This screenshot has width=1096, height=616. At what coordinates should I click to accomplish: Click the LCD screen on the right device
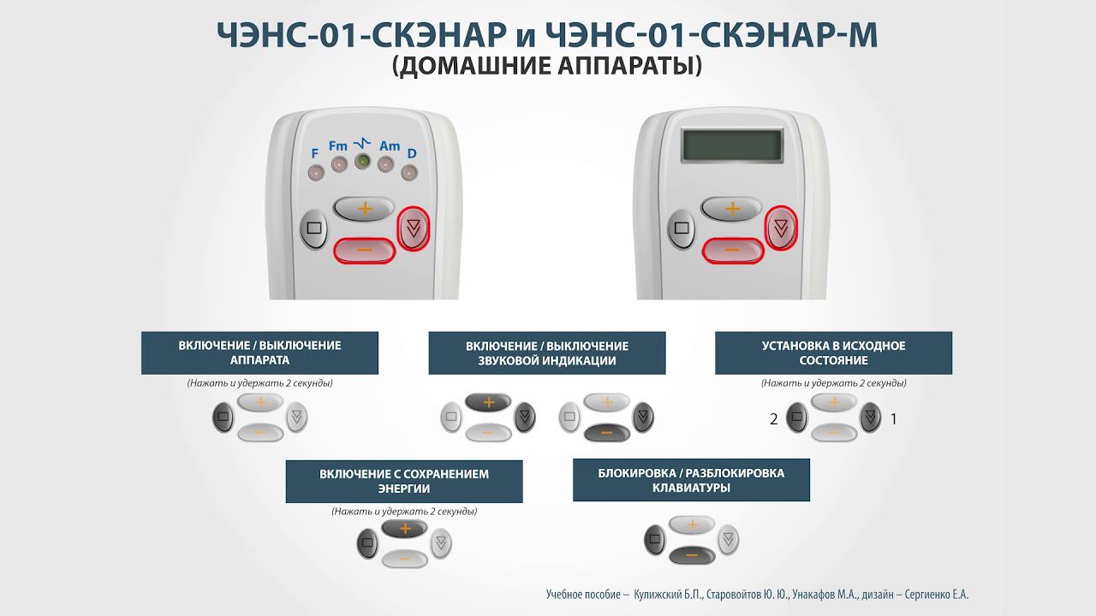pos(731,145)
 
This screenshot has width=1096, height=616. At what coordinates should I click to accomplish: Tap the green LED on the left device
pos(362,162)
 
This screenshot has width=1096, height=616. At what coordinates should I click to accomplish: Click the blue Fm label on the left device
pos(337,146)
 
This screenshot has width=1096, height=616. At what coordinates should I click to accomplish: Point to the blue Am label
pos(390,146)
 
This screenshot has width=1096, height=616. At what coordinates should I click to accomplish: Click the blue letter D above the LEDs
pos(412,154)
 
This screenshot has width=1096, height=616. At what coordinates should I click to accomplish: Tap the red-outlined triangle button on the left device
pos(414,228)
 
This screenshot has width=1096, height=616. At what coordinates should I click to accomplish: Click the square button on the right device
pos(682,229)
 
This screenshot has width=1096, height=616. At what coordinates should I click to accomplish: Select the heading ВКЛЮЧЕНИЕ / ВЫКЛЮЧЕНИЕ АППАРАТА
pos(259,352)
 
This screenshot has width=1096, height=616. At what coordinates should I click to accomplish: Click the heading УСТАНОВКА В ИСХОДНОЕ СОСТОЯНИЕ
pos(833,352)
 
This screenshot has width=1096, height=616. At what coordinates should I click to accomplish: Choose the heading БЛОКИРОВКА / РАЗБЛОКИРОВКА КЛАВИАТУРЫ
pos(691,480)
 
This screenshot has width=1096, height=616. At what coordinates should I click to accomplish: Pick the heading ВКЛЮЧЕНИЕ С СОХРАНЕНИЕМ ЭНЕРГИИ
pos(403,481)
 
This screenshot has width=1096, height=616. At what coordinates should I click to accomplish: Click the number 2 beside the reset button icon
pos(774,419)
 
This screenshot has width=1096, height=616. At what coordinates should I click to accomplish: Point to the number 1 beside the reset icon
pos(894,419)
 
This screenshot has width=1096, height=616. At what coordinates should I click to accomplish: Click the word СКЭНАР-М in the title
pos(793,35)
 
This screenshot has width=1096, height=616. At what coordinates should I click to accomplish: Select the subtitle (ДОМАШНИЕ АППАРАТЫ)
pos(547,67)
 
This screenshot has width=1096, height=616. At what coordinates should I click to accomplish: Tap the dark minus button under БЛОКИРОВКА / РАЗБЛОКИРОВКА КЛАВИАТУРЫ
pos(691,555)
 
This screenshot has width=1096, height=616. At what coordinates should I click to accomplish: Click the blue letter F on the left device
pos(315,153)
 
